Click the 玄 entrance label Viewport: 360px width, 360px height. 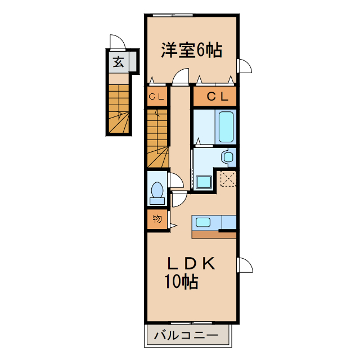click(x=118, y=62)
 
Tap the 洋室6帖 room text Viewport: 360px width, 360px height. click(x=191, y=51)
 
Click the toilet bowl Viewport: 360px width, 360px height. click(x=156, y=191)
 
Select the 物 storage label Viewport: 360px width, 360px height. click(x=157, y=219)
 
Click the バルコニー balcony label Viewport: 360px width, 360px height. click(x=185, y=336)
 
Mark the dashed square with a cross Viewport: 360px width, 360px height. click(x=228, y=179)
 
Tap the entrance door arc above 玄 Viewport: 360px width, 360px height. click(x=116, y=43)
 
